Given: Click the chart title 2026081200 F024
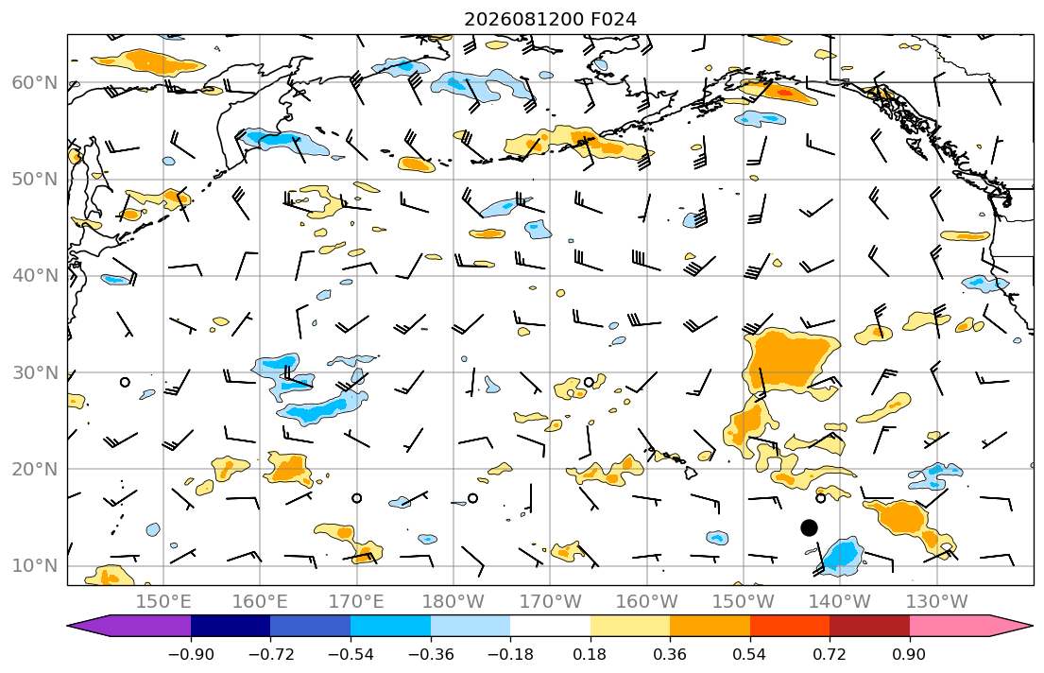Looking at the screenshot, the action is (x=550, y=19).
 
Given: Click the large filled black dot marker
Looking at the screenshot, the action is (x=809, y=527).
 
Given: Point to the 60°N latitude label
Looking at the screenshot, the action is (x=35, y=82).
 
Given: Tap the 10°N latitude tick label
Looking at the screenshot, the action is (x=35, y=566).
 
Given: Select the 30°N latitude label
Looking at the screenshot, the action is (x=35, y=372).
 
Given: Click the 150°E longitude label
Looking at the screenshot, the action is (x=163, y=602).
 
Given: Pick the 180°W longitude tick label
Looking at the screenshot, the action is (x=454, y=602).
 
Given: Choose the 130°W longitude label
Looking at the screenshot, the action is (x=937, y=602).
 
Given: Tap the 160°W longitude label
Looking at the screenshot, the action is (x=646, y=602).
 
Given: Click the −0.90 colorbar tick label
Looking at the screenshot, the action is (x=191, y=654).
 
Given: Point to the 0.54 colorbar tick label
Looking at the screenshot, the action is (x=750, y=654).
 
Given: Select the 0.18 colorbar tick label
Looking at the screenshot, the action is (x=590, y=654).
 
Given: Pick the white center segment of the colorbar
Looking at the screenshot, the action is (x=550, y=626).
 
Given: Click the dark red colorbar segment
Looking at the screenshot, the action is (x=869, y=626).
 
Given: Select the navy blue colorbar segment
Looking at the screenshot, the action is (x=231, y=626).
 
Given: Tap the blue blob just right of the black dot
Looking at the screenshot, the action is (x=842, y=557).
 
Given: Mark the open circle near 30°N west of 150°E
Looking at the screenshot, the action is (x=125, y=382).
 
